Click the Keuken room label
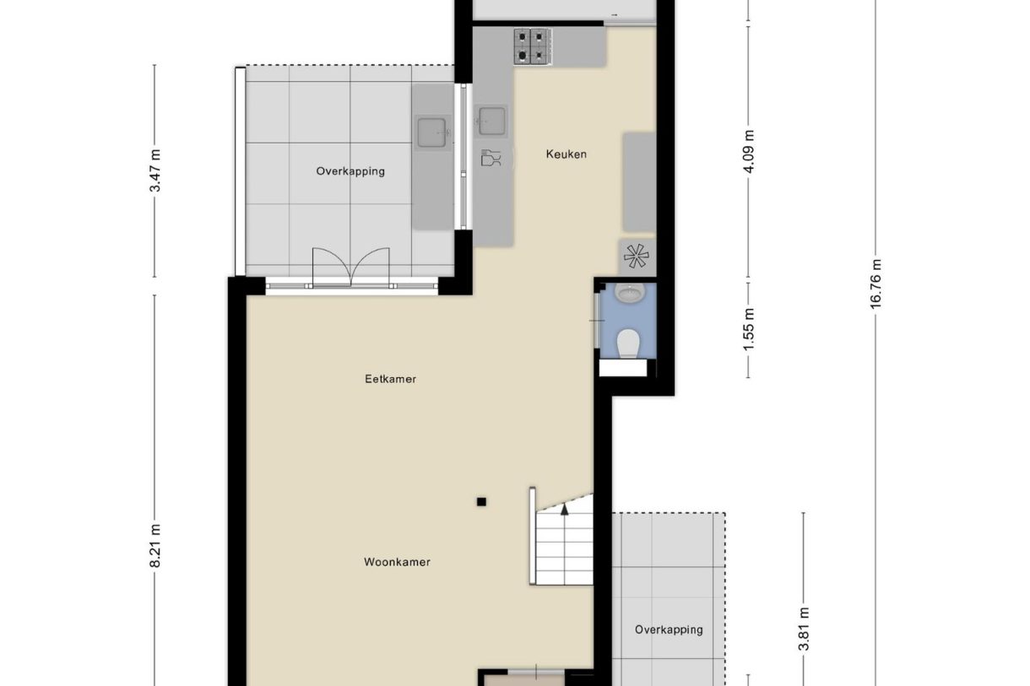pos(566,154)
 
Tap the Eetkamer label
pos(390,379)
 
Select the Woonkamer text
pos(397,562)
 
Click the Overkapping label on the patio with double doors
pos(350,171)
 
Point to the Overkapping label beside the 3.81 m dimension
pos(669,629)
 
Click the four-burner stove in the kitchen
pos(533,46)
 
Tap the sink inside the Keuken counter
pos(491,121)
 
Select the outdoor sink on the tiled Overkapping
pos(432,131)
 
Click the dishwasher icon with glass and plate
pos(491,157)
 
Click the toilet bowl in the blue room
pos(627,344)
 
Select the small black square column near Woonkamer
pos(481,502)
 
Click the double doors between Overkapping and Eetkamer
pos(351,268)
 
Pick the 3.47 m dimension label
pos(154,171)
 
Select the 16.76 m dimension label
pos(875,284)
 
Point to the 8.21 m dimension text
pos(154,548)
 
